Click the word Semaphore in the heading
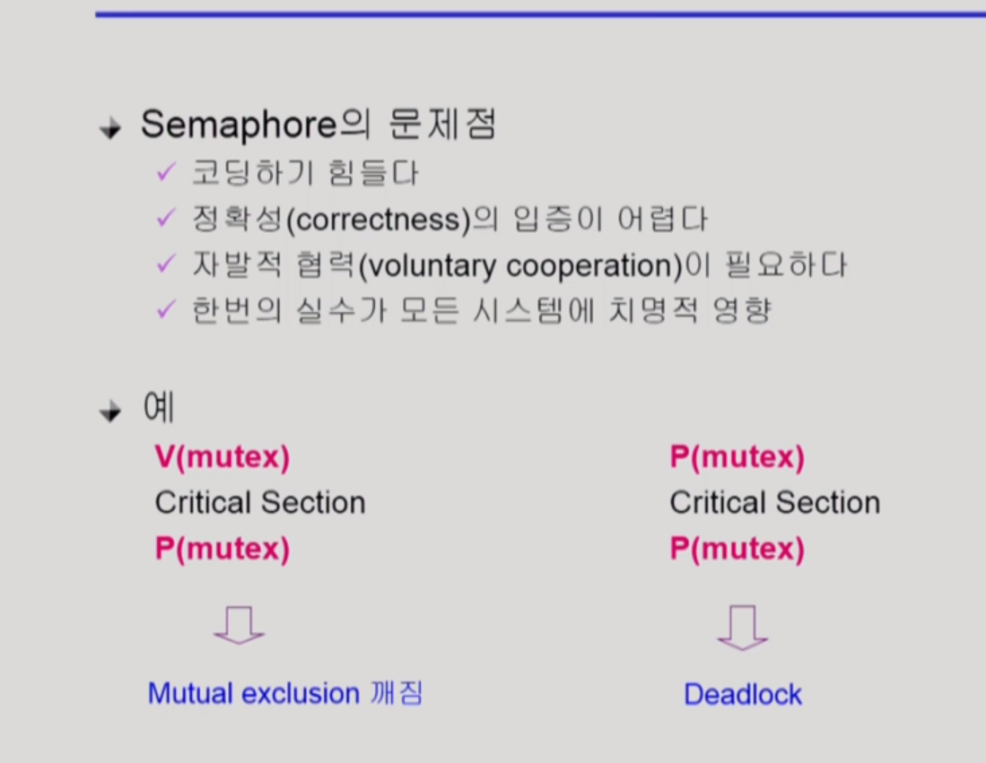[x=239, y=125]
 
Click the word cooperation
[x=589, y=266]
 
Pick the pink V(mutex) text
[x=223, y=457]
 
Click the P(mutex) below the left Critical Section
[x=223, y=549]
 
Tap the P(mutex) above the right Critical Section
[x=737, y=457]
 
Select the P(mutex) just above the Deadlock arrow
[x=737, y=549]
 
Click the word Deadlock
[x=743, y=695]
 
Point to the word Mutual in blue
[x=190, y=694]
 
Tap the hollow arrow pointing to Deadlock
[x=743, y=628]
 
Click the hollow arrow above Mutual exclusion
[x=239, y=625]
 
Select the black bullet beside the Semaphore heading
[x=110, y=128]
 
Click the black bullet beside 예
[x=110, y=412]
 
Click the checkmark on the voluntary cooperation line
[x=165, y=264]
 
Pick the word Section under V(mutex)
[x=313, y=503]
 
